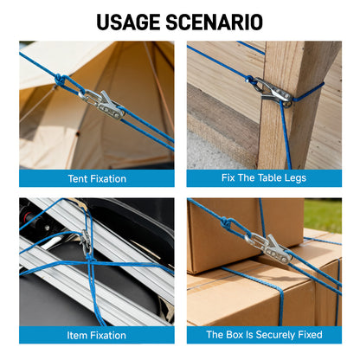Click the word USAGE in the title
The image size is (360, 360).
pos(128,22)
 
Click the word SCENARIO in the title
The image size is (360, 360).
pos(214,22)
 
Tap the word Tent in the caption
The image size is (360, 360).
pos(77,179)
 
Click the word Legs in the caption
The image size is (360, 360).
pos(295,178)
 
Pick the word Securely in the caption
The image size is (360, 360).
pos(275,335)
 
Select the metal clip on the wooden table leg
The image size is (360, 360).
pos(274,92)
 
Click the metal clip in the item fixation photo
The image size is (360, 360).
pos(86,241)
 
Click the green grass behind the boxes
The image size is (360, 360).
pos(323,214)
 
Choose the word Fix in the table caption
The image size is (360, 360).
pos(228,177)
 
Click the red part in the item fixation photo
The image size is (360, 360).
pos(28,215)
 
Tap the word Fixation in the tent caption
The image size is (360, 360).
pos(107,179)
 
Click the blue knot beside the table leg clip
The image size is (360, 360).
pos(248,79)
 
